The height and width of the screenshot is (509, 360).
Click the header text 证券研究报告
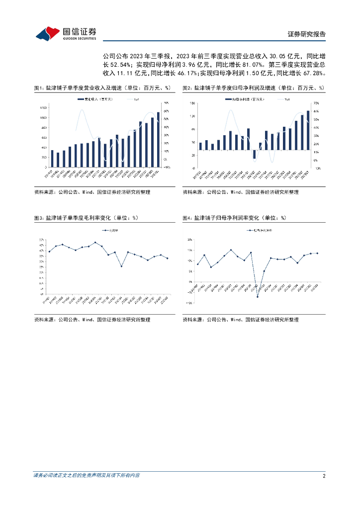[x=307, y=34]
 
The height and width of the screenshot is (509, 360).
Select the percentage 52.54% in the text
[x=118, y=64]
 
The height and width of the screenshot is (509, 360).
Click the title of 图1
[x=102, y=88]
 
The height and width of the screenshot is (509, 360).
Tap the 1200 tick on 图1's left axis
[x=44, y=107]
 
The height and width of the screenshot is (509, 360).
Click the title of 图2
[x=253, y=88]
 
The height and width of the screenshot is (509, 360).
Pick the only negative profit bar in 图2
[x=255, y=155]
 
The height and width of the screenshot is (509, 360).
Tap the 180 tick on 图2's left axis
[x=192, y=103]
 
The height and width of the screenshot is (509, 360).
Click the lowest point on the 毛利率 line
[x=121, y=266]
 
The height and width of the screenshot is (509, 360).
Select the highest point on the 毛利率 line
[x=95, y=243]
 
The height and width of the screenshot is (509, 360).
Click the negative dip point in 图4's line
[x=258, y=297]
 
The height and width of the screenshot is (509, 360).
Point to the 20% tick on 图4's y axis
[x=190, y=240]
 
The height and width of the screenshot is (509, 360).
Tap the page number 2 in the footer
[x=324, y=476]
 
